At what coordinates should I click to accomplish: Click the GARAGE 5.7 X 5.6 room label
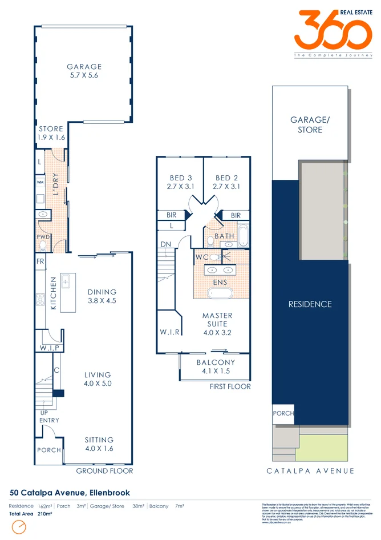pyautogui.click(x=83, y=71)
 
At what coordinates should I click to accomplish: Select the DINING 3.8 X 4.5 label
pyautogui.click(x=102, y=296)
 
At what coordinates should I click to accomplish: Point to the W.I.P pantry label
pyautogui.click(x=49, y=348)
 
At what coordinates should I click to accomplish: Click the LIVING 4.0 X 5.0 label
pyautogui.click(x=98, y=379)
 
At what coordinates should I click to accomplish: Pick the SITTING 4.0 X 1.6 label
pyautogui.click(x=99, y=444)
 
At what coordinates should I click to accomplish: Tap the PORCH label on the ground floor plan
pyautogui.click(x=49, y=450)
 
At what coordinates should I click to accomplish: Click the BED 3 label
pyautogui.click(x=180, y=182)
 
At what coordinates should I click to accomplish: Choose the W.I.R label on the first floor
pyautogui.click(x=170, y=332)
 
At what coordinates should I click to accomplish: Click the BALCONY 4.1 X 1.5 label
pyautogui.click(x=216, y=366)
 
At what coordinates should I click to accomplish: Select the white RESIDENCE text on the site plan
pyautogui.click(x=310, y=304)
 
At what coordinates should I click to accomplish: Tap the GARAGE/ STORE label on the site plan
pyautogui.click(x=306, y=125)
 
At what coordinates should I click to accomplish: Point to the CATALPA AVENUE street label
pyautogui.click(x=310, y=471)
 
